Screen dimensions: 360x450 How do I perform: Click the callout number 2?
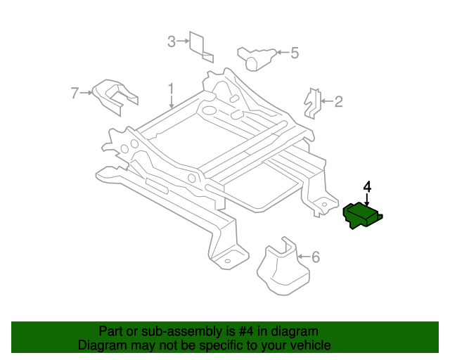pos(338,102)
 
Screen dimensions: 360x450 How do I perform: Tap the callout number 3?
pos(171,42)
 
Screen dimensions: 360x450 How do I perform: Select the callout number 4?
pos(366,187)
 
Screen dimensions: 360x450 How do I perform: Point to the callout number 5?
pos(295,53)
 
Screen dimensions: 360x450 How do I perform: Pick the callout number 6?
pos(315,257)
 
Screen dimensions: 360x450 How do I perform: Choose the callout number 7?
pos(75,91)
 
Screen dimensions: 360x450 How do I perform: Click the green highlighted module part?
pos(362,215)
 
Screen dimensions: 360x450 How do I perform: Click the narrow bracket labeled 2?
pos(311,103)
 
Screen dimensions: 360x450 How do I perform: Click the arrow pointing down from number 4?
pos(366,200)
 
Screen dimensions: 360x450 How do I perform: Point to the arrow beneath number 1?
pos(170,102)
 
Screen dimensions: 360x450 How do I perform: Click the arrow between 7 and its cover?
pos(88,91)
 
